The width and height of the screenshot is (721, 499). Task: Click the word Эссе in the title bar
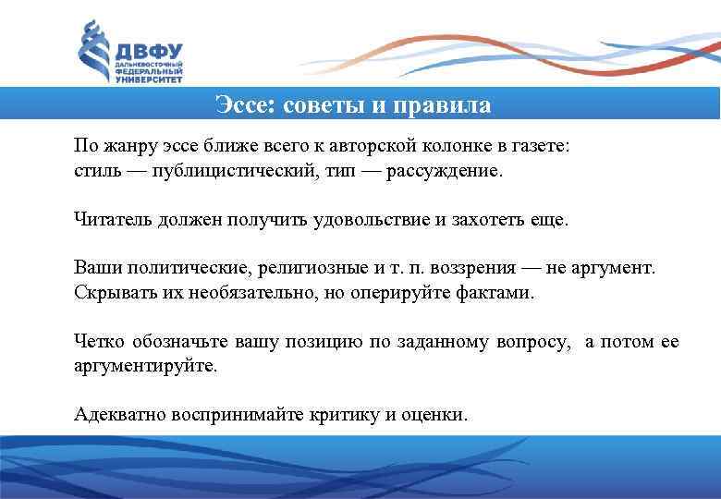241,103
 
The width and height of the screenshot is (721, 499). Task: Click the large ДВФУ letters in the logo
149,52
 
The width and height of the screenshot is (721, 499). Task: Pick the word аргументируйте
146,365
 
